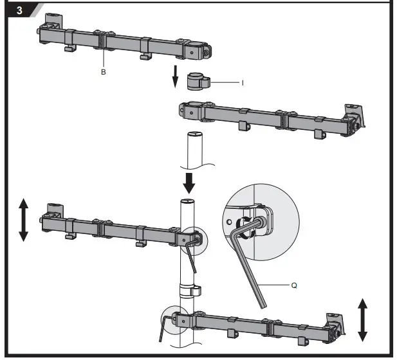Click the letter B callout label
[x=103, y=73]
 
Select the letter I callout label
[x=243, y=82]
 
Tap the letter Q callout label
[x=294, y=284]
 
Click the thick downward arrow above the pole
[x=189, y=181]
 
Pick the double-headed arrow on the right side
[x=362, y=319]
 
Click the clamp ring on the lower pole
[x=189, y=291]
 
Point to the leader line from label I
[x=225, y=82]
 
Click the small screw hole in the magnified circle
[x=228, y=219]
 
